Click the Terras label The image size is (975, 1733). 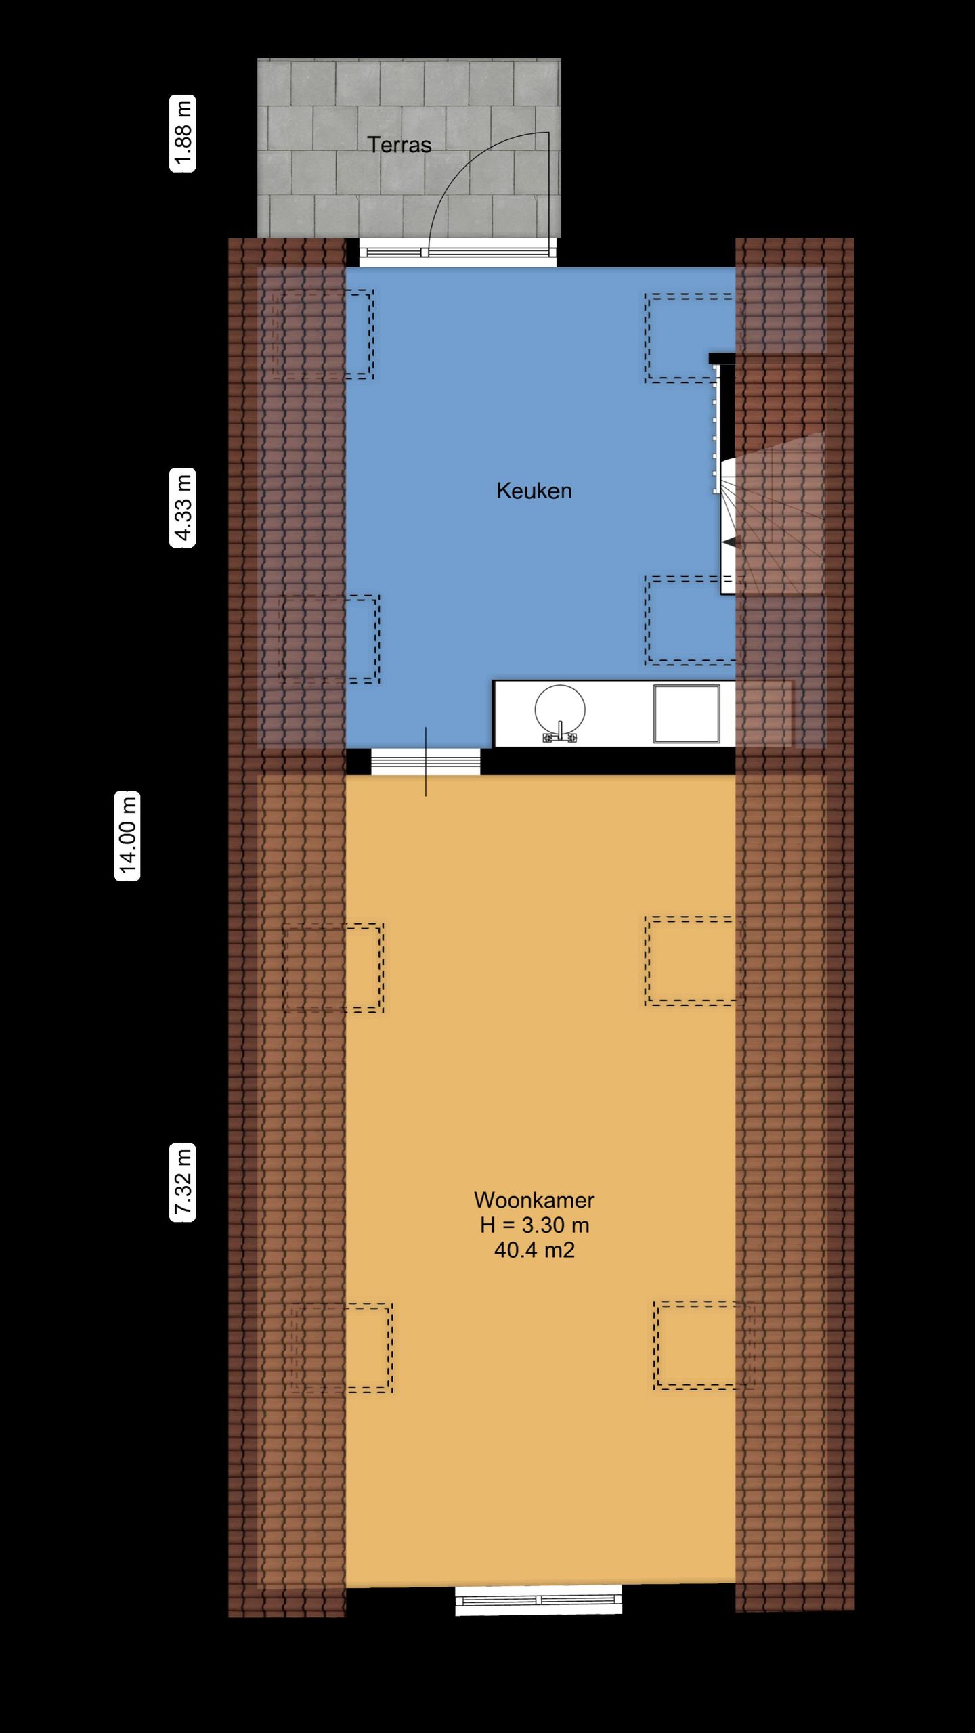399,145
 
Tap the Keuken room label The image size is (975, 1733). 534,491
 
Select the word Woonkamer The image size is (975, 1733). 534,1200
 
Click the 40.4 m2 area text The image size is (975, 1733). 534,1250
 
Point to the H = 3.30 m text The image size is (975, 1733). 534,1225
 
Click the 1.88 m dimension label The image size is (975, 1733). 183,133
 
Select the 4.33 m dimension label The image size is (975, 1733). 183,508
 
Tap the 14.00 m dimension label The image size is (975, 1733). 127,835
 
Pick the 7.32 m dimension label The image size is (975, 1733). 183,1182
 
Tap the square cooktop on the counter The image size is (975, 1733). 686,714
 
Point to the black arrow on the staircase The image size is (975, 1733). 729,542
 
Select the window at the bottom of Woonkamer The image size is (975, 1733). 538,1600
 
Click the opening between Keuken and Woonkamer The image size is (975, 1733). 425,762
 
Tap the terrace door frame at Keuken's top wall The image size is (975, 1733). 457,253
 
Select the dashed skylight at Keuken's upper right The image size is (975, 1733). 689,338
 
